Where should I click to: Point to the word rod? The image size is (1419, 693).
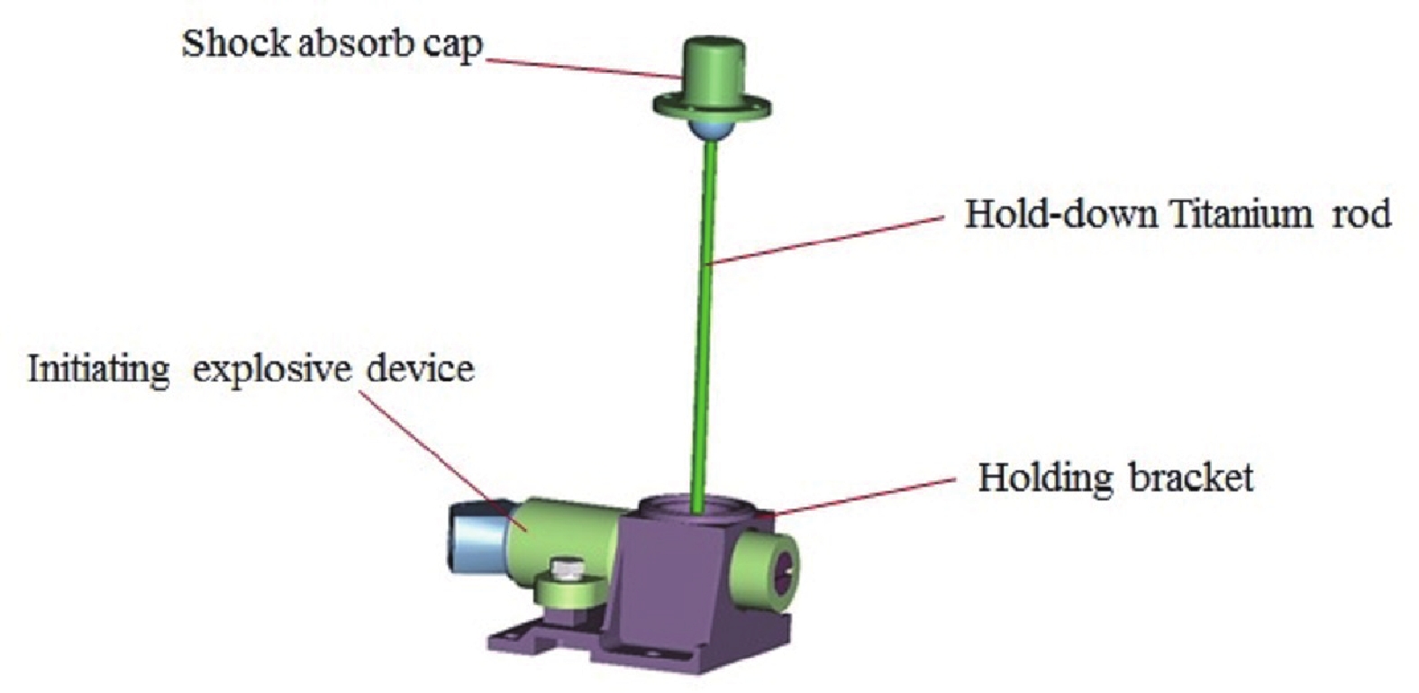1360,215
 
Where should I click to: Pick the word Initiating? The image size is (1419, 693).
98,370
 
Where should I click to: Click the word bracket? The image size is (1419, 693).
1186,477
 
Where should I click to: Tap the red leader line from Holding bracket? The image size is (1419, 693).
860,497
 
